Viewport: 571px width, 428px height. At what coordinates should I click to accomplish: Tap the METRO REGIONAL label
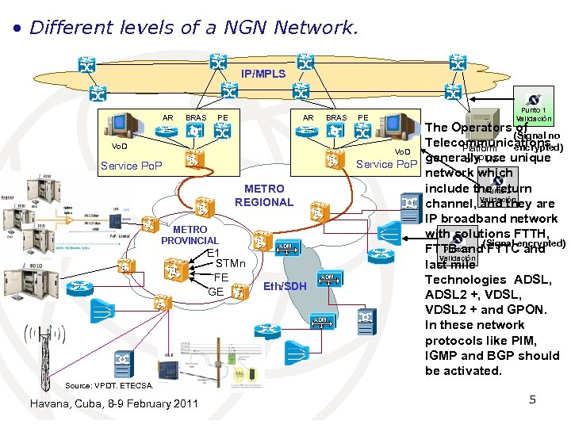[263, 196]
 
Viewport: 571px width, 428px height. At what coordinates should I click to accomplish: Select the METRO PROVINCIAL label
[190, 235]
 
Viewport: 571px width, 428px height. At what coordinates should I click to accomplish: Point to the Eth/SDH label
[284, 286]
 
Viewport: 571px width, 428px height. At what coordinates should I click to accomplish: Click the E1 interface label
[213, 253]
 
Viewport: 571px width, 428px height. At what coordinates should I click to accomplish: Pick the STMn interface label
[231, 264]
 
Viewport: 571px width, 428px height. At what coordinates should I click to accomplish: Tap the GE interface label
[215, 291]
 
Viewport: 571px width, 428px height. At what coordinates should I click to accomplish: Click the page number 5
[533, 399]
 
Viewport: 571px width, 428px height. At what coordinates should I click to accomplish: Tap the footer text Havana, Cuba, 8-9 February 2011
[113, 403]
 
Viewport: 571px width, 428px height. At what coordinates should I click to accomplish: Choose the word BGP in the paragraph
[503, 356]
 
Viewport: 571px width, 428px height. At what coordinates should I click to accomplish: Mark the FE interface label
[220, 277]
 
